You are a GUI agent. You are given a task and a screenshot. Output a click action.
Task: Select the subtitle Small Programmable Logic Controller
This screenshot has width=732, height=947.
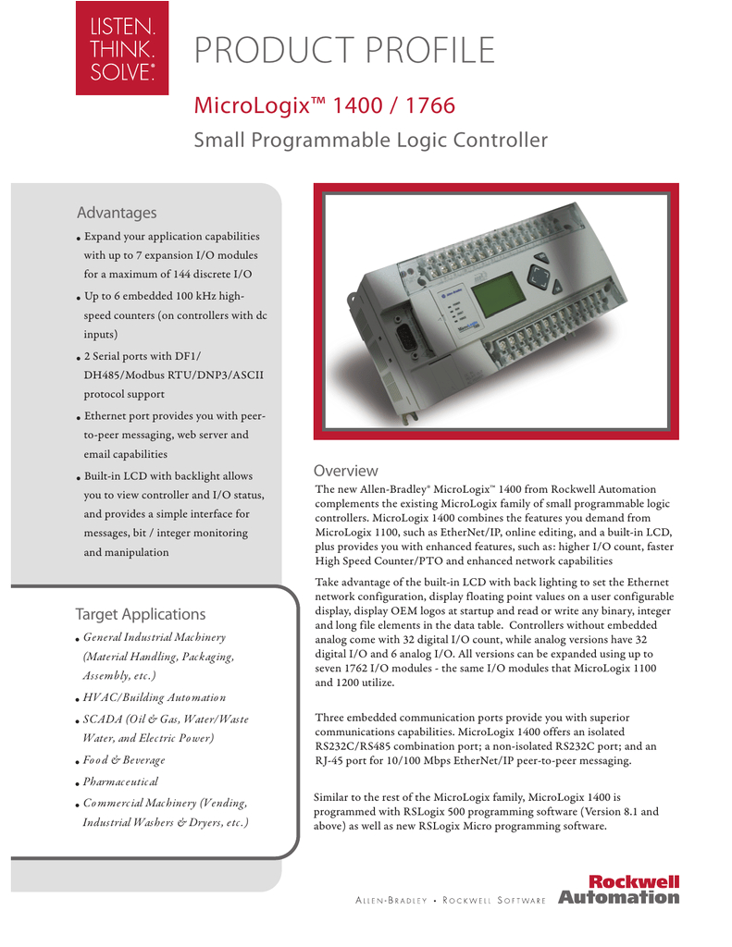370,141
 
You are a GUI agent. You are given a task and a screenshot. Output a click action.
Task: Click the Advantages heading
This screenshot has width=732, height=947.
117,213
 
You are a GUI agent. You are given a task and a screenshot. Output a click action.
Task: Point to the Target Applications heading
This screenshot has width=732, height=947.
140,614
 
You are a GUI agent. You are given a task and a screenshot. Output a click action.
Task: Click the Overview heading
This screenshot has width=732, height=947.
345,471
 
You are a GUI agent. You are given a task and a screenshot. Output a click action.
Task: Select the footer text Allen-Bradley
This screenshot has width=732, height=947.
391,901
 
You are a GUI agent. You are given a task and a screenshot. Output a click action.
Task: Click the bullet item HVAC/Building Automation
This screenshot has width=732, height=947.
154,697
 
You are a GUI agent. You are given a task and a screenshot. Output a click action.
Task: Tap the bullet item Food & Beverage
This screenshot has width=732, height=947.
124,760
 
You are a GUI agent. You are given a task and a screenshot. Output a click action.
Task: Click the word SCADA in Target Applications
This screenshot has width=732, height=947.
101,719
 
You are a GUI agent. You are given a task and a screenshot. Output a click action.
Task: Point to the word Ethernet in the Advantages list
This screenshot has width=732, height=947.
106,415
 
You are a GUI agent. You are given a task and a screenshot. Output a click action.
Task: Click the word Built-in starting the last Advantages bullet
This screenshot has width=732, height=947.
105,476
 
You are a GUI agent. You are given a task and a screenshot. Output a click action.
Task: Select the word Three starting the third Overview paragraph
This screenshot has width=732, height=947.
331,718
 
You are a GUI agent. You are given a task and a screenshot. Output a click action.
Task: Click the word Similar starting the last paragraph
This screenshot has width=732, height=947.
336,796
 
